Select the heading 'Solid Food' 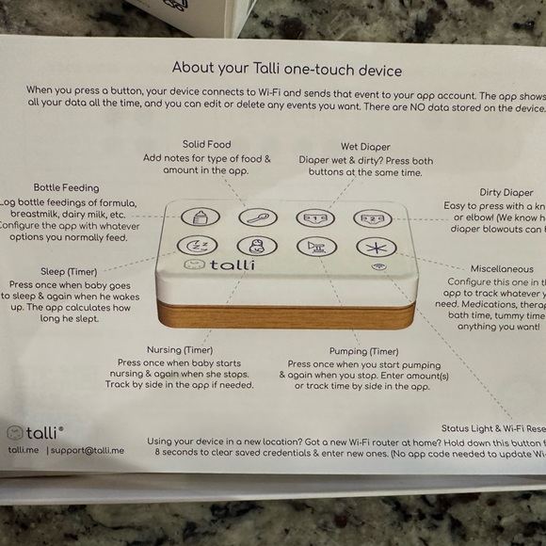pos(207,144)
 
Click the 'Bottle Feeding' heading pos(66,187)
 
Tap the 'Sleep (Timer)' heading pos(67,271)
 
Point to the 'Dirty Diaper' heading pos(506,192)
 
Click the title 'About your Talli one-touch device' pos(286,69)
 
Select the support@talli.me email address pos(86,450)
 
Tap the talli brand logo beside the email pos(35,432)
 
